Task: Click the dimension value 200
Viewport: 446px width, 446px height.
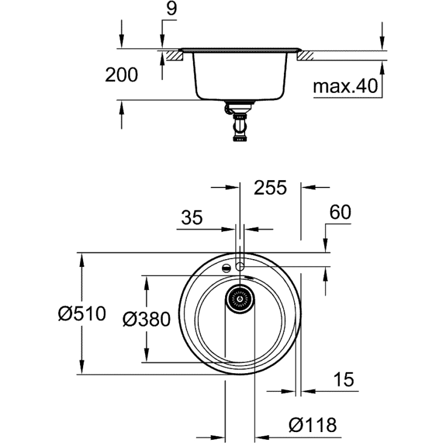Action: click(x=121, y=75)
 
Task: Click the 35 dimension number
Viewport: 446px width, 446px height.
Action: click(x=192, y=217)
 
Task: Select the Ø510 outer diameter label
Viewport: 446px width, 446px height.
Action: click(x=82, y=314)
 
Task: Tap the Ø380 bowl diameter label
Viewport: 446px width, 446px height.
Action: click(x=146, y=319)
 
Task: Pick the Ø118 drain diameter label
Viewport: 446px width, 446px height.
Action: click(x=313, y=424)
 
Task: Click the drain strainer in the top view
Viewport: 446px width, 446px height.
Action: click(x=240, y=299)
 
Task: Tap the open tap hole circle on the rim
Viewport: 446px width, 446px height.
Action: click(x=240, y=266)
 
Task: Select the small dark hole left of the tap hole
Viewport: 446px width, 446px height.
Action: click(x=226, y=268)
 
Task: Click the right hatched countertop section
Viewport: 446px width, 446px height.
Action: click(x=305, y=56)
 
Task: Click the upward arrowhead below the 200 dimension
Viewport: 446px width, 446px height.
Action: click(x=122, y=106)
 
